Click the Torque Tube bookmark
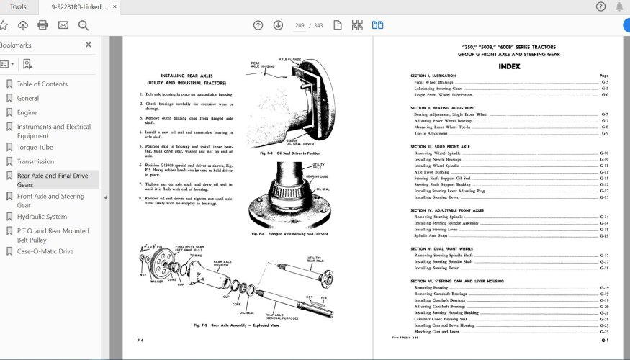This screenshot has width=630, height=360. point(37,147)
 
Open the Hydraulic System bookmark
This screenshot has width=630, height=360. point(42,216)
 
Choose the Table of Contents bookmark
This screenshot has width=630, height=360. point(42,84)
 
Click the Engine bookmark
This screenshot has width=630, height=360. point(27,112)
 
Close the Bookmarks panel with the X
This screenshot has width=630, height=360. point(89,45)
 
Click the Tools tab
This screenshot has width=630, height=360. point(19,6)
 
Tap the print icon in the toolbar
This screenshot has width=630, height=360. point(42,25)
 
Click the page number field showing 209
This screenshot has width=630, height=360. point(299,25)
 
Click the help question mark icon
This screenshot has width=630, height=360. point(600,6)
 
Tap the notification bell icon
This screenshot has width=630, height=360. point(619,6)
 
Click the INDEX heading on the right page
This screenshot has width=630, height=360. point(509,66)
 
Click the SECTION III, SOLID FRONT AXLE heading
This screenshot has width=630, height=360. point(440,146)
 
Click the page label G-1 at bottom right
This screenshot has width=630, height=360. point(606,340)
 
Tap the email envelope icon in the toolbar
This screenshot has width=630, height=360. point(63,25)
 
